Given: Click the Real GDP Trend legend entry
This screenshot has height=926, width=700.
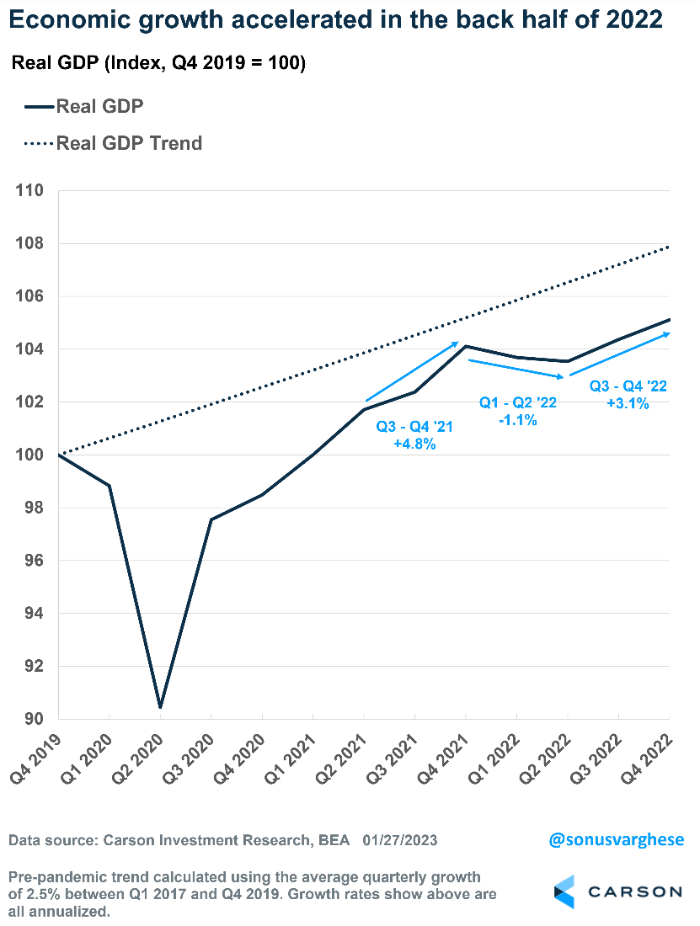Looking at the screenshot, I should [129, 143].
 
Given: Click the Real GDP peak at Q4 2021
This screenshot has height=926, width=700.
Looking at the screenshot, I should [466, 346].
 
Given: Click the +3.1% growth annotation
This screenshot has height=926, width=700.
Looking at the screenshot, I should [628, 403].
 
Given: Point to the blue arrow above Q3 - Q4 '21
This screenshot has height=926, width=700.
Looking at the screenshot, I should [412, 371].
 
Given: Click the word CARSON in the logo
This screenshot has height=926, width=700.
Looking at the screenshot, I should [636, 891].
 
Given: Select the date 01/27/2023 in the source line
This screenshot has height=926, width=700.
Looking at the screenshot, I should [400, 840].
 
